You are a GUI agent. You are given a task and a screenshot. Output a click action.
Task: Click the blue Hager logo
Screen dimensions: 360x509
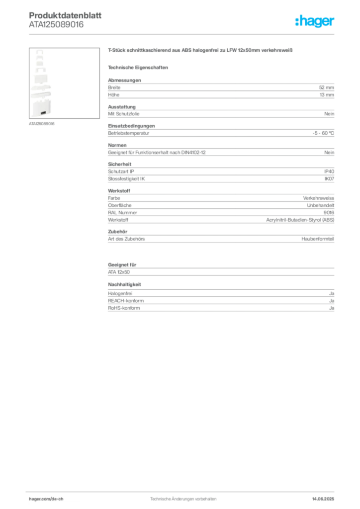tap(315, 22)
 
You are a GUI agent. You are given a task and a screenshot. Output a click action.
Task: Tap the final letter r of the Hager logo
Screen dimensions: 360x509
tap(333, 22)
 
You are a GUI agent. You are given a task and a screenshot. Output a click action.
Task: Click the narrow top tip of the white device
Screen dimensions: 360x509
tap(38, 52)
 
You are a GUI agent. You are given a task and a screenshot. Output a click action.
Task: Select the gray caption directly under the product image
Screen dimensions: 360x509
tap(41, 123)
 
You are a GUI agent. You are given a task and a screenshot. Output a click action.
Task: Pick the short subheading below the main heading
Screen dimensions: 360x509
tap(140, 68)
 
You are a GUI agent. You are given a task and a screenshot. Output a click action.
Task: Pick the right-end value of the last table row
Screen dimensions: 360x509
tap(332, 309)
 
